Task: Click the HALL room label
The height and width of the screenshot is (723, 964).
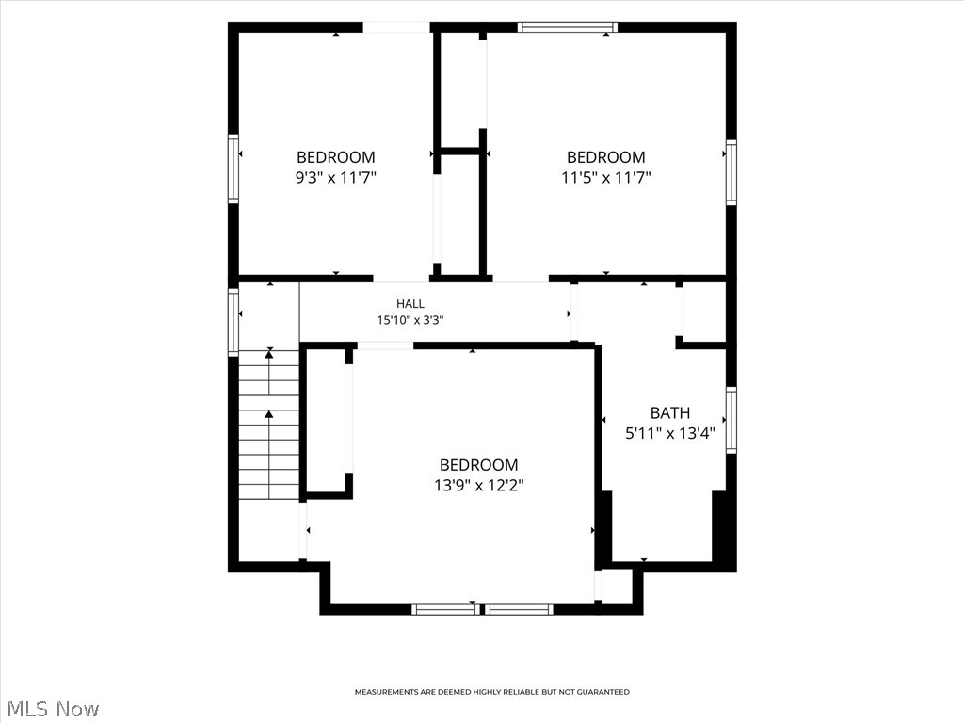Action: point(410,304)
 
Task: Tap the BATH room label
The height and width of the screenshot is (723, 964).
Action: point(670,412)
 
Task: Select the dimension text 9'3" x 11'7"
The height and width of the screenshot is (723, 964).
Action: point(336,178)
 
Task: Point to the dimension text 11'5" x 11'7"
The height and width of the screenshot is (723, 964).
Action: point(606,178)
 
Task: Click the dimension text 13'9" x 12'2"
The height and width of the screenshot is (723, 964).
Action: point(479,485)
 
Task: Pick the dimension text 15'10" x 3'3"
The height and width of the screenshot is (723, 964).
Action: point(410,320)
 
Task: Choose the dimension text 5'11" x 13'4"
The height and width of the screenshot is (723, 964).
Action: point(670,433)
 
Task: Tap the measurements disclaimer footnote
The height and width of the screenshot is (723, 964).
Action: point(491,692)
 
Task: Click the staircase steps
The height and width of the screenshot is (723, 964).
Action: point(268,425)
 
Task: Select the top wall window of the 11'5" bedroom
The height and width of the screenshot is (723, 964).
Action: point(567,27)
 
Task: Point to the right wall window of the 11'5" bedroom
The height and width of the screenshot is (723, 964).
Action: point(731,173)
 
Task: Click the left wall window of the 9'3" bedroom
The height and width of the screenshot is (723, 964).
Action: point(233,169)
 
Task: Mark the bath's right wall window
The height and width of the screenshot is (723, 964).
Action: point(731,420)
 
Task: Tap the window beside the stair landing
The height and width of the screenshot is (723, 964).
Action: point(233,322)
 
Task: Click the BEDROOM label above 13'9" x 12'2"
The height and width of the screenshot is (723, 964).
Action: point(479,465)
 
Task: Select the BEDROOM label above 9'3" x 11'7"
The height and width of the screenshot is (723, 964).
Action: point(336,157)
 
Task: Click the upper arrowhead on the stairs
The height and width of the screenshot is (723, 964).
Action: point(269,354)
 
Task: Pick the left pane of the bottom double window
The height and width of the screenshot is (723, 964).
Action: point(445,610)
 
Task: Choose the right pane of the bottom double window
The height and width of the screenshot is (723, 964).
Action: point(519,610)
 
